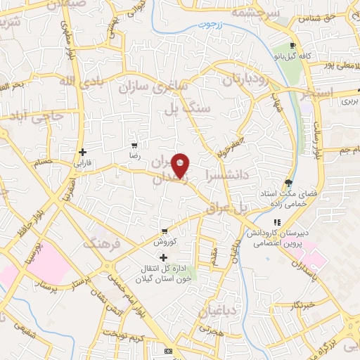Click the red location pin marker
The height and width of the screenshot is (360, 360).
point(181,165)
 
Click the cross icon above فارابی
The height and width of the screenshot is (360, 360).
point(83,152)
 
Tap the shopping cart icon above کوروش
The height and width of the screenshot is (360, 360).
point(164,231)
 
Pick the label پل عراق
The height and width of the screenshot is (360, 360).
point(229,207)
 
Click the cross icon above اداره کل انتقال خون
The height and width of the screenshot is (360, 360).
point(164,257)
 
